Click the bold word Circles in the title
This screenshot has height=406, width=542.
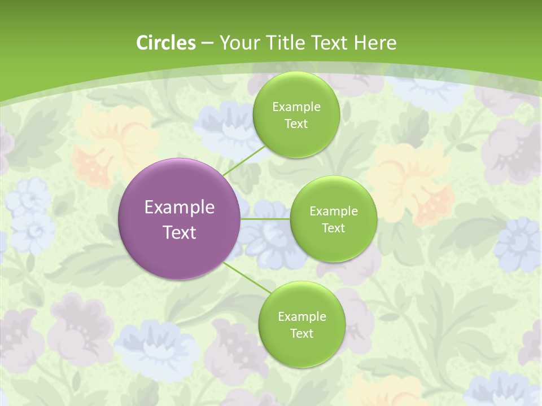(x=166, y=43)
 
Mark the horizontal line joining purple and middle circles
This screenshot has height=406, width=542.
(x=265, y=219)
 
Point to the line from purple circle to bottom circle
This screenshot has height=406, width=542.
(x=247, y=277)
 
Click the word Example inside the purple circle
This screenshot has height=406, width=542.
(x=180, y=208)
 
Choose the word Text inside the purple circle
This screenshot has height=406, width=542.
(x=180, y=232)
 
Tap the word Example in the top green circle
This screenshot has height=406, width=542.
(x=296, y=107)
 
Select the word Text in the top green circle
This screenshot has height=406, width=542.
(x=296, y=124)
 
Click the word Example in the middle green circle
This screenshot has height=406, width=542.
(x=333, y=211)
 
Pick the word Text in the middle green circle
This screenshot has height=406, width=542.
(x=333, y=228)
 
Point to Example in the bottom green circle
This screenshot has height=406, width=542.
(x=301, y=317)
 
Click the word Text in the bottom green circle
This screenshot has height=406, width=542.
(x=301, y=334)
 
